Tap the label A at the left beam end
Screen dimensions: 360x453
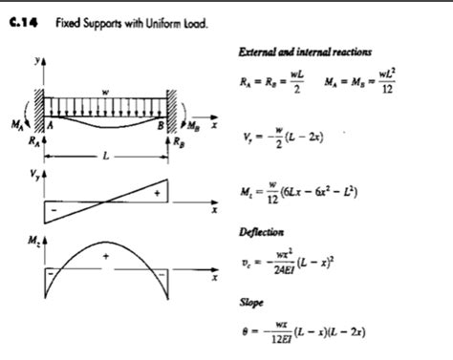(50, 124)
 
